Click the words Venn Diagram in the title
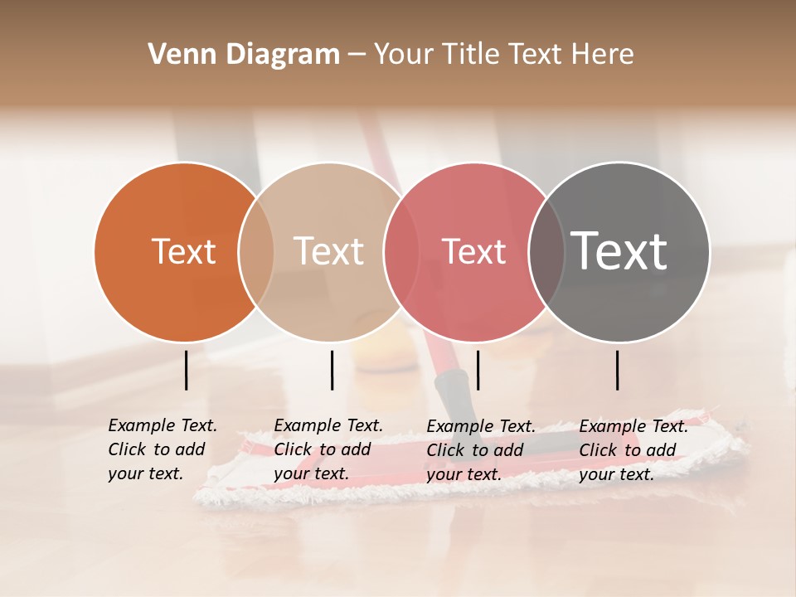tap(244, 55)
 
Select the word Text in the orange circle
tap(183, 251)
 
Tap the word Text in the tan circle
tap(328, 251)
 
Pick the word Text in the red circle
tap(473, 251)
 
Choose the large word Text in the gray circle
tap(619, 250)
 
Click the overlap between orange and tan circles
tap(256, 251)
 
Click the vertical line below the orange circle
tap(186, 370)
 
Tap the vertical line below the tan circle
tap(332, 370)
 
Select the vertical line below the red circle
tap(478, 370)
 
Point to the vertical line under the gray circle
tap(618, 370)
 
